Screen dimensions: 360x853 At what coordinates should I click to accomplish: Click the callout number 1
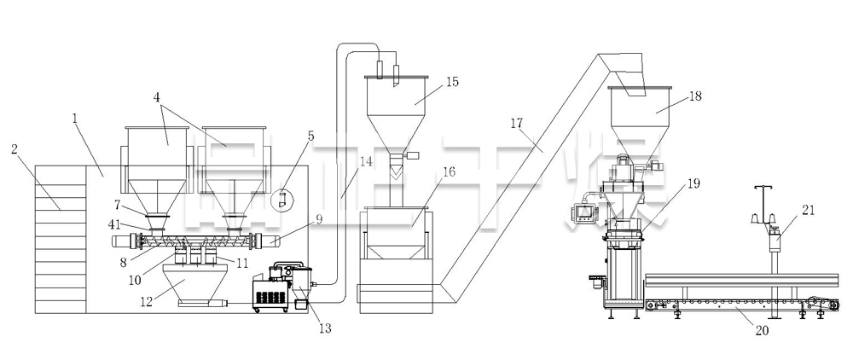[x=76, y=119]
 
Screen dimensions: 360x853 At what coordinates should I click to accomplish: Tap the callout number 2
[x=15, y=149]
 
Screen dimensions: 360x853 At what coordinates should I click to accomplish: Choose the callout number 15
[x=452, y=83]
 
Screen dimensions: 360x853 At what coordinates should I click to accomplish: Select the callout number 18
[x=695, y=96]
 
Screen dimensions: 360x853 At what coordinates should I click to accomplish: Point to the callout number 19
[x=693, y=183]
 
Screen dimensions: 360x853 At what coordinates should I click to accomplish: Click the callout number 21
[x=809, y=209]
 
